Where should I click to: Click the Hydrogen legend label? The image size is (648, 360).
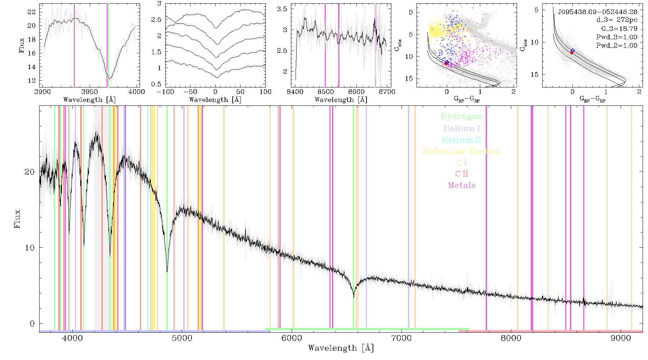462,116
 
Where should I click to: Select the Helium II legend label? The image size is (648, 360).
462,140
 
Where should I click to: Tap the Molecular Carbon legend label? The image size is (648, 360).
462,151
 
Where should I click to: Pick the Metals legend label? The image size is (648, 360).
462,185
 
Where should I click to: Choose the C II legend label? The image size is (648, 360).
462,174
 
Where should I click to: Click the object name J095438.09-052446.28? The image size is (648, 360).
598,12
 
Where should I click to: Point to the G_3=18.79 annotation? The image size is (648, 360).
619,29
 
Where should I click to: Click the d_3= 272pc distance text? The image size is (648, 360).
617,20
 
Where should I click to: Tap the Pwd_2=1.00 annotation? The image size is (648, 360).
617,46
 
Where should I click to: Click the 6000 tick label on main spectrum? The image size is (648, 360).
292,338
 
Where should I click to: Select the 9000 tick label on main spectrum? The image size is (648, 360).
621,338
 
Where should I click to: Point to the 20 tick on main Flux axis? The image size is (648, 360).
30,172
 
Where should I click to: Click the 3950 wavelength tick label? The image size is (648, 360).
90,92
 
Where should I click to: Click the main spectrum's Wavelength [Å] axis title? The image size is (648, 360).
341,348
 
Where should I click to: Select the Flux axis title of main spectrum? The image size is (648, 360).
17,219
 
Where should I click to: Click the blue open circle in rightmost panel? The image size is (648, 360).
572,51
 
